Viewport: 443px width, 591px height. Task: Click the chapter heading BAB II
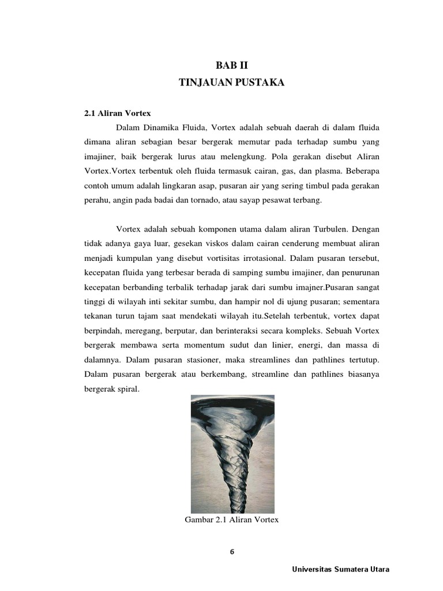pyautogui.click(x=231, y=66)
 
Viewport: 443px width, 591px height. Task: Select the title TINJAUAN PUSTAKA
pyautogui.click(x=231, y=84)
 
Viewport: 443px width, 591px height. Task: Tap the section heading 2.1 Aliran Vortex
pyautogui.click(x=117, y=113)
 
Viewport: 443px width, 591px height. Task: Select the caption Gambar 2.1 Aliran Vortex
pyautogui.click(x=231, y=520)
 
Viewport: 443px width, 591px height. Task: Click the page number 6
pyautogui.click(x=232, y=552)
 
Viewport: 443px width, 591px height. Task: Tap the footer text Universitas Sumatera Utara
pyautogui.click(x=340, y=569)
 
